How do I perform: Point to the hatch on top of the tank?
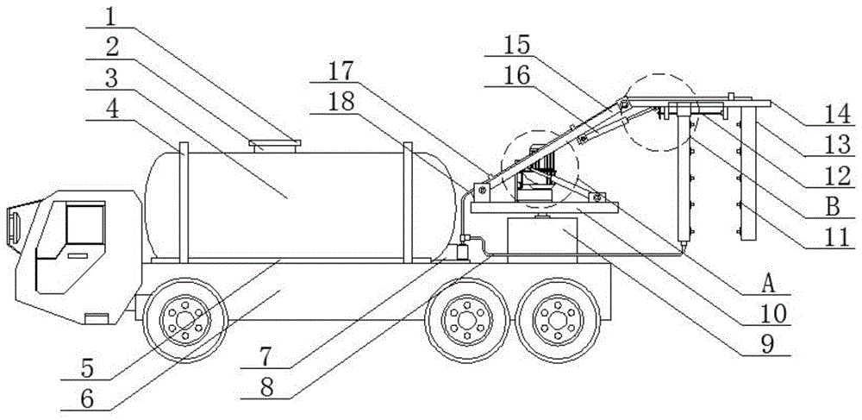[274, 144]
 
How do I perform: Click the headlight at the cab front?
[14, 221]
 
